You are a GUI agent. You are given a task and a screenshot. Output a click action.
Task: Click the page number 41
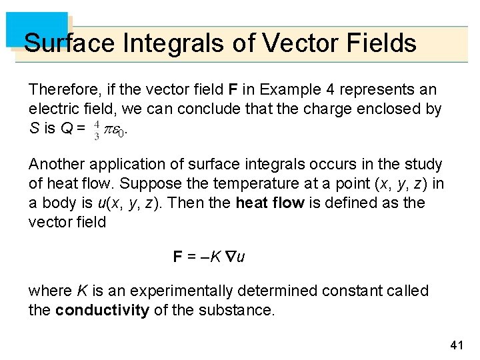(x=457, y=345)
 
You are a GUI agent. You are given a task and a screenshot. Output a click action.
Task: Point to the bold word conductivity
(x=102, y=311)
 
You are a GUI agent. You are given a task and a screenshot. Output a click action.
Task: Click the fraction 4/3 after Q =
(x=97, y=129)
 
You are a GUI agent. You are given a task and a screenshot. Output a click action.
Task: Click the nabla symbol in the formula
(x=231, y=257)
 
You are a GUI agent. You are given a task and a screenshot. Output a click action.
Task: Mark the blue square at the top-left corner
(x=37, y=29)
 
